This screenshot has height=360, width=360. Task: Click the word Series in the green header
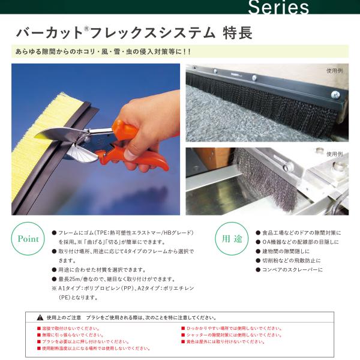(x=278, y=7)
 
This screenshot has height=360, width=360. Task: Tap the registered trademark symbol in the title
(x=86, y=29)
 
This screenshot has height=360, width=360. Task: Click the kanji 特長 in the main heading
(x=238, y=33)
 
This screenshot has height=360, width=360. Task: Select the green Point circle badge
(x=28, y=239)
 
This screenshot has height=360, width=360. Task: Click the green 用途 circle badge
(x=232, y=239)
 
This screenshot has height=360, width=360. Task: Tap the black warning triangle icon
(x=40, y=317)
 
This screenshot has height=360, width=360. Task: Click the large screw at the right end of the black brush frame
(x=335, y=94)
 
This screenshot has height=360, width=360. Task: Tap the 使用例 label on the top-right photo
(x=335, y=71)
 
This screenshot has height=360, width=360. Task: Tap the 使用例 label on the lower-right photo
(x=335, y=154)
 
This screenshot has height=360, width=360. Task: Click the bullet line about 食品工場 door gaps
(x=298, y=233)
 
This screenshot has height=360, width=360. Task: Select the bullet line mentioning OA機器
(x=297, y=242)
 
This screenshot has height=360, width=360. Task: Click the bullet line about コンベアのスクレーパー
(x=289, y=269)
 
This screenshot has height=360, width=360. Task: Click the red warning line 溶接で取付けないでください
(x=68, y=329)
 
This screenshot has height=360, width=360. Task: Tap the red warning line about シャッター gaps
(x=232, y=335)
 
